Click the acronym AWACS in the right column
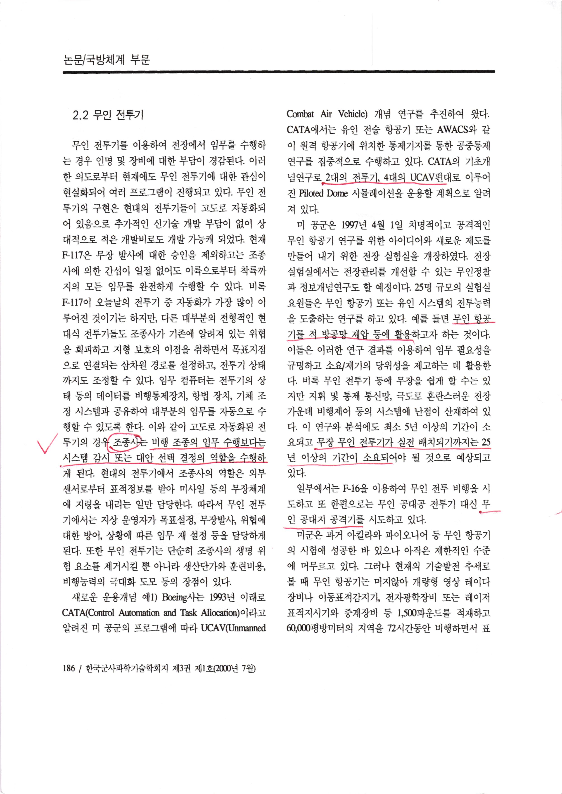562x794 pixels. [452, 130]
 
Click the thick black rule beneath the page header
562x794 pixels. [279, 72]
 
